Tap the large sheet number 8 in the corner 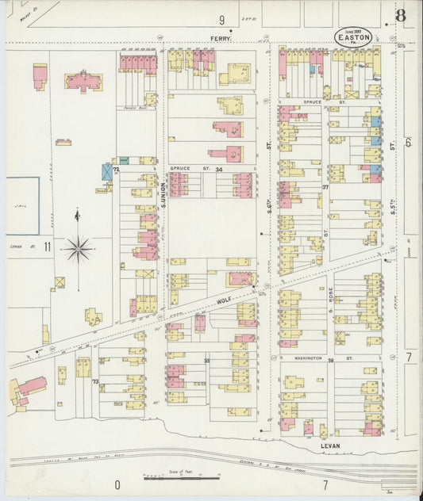401,16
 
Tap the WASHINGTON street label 308,358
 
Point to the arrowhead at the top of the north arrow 77,212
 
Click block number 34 219,169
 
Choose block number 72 116,169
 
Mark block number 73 95,381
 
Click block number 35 207,360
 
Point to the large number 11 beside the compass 48,247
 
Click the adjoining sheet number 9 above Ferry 222,19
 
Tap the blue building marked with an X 107,171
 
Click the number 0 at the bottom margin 117,484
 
